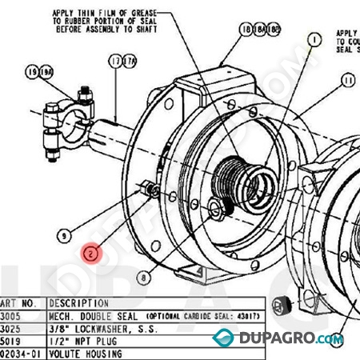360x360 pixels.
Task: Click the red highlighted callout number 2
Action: [92, 253]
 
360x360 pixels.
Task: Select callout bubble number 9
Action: [65, 235]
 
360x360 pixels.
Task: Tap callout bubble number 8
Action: [142, 278]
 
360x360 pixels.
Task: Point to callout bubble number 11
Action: [347, 80]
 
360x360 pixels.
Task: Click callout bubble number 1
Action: [313, 38]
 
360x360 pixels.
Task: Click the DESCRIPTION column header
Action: [78, 303]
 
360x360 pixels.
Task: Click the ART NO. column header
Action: [19, 303]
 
